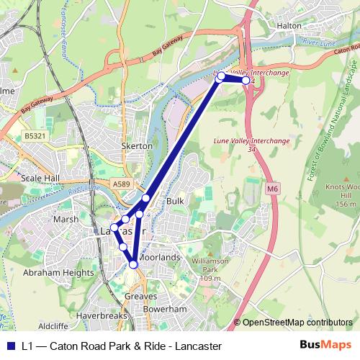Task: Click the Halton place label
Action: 288,24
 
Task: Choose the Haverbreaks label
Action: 101,316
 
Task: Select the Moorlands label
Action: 158,257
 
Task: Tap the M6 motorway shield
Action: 271,189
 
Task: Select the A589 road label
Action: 122,185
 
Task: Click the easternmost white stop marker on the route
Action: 246,81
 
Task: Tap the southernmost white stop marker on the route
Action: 133,265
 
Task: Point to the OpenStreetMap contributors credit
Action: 297,323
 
